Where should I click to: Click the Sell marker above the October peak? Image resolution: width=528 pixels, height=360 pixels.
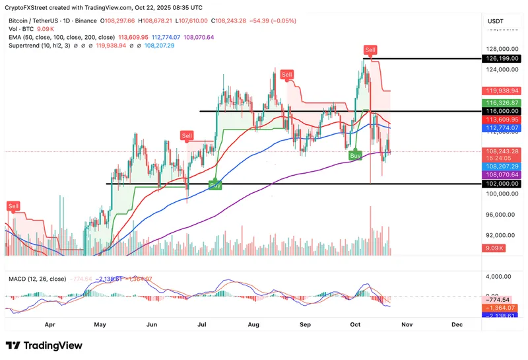point(372,50)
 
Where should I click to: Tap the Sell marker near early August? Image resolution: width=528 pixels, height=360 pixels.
point(287,75)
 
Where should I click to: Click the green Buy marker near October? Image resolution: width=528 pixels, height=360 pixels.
point(356,155)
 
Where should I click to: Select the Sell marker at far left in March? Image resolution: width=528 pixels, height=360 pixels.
point(13,206)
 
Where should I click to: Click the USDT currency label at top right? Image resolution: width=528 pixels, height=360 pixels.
point(495,21)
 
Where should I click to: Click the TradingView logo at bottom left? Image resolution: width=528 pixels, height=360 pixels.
point(44,345)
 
